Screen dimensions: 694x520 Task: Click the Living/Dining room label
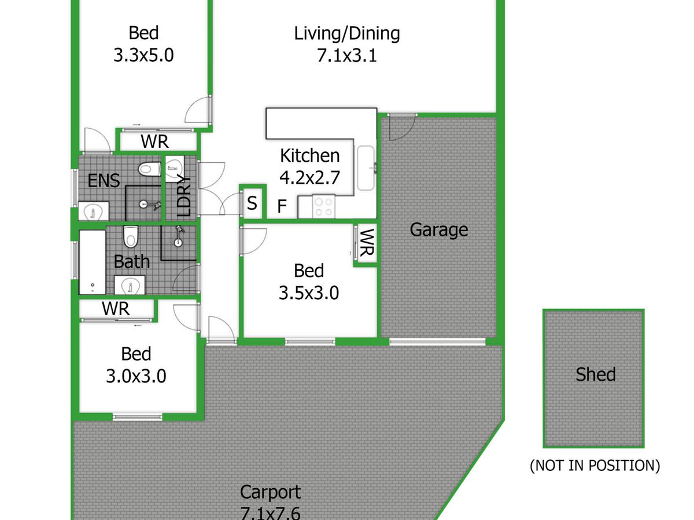347,34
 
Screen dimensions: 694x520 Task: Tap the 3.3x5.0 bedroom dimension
143,55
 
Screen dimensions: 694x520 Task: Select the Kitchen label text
310,155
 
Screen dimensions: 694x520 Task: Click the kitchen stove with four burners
324,206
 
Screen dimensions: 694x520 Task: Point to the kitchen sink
366,168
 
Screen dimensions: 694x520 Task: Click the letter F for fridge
282,206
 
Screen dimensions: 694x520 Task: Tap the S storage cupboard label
252,203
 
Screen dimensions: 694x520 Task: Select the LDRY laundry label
184,195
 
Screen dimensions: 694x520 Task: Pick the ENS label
104,181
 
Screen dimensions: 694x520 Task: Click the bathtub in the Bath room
93,262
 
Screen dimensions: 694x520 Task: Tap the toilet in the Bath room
131,236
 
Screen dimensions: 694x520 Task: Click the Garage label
439,230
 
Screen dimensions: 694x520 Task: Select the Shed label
596,374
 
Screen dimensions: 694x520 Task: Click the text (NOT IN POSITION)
595,466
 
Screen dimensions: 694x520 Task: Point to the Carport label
270,492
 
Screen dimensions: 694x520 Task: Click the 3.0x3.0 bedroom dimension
136,376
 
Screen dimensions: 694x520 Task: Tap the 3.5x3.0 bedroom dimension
309,293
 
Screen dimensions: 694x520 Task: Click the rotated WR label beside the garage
367,243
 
